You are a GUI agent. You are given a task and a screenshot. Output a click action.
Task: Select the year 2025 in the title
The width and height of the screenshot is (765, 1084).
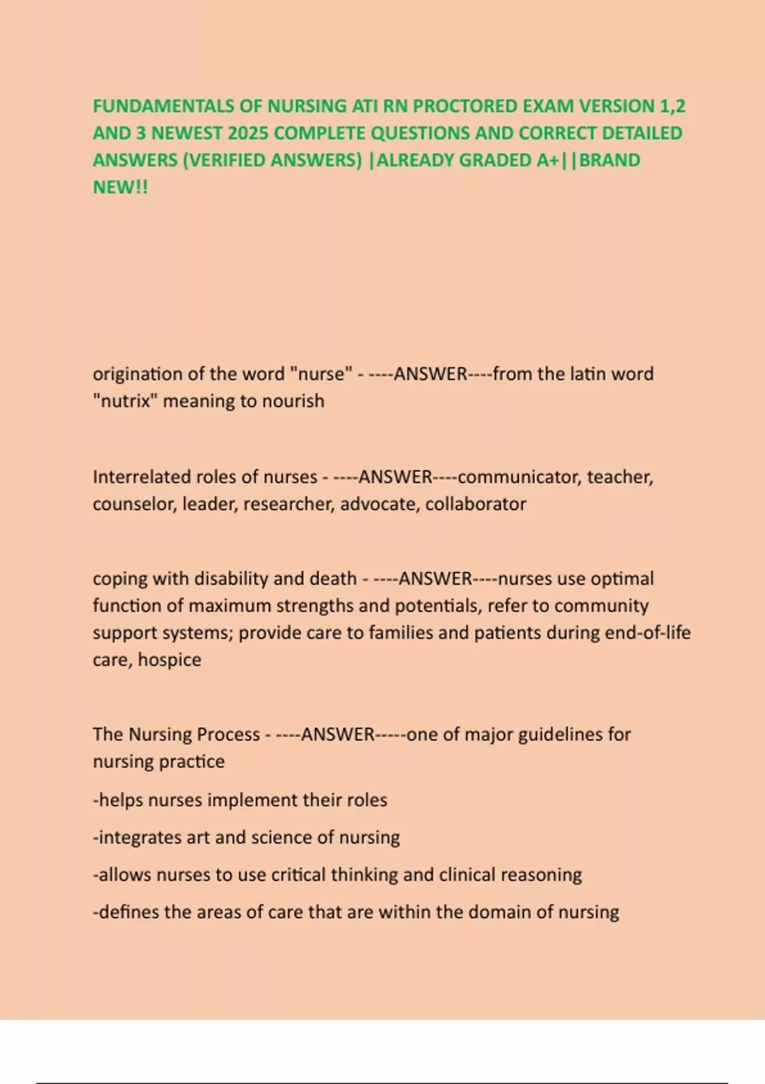(x=248, y=133)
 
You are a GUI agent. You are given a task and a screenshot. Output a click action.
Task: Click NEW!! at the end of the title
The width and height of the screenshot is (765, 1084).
(x=120, y=187)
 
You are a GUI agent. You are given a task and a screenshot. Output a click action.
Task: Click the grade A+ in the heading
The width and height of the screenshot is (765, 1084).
(x=547, y=160)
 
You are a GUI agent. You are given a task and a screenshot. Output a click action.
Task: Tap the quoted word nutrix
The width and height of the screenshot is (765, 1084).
(x=125, y=401)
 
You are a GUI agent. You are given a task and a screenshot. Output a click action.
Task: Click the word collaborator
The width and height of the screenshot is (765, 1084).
(x=476, y=504)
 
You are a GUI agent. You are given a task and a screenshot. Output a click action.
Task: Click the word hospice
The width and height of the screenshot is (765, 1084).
(x=169, y=660)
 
